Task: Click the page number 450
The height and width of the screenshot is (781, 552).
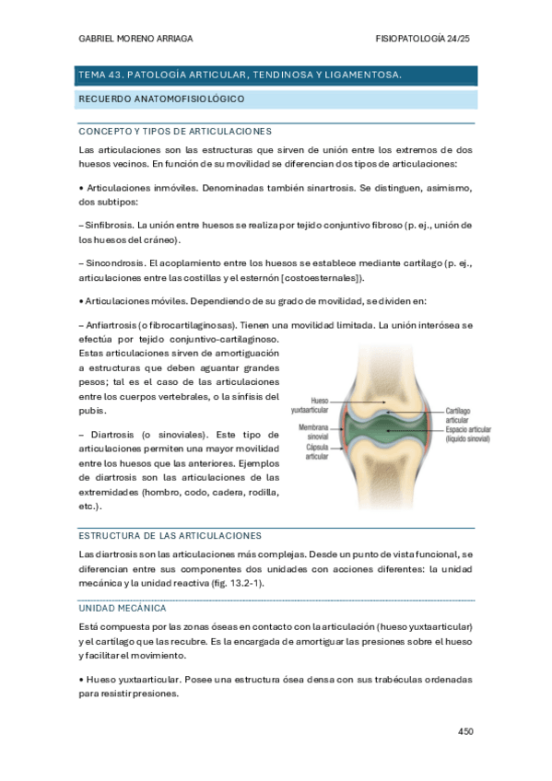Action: [464, 732]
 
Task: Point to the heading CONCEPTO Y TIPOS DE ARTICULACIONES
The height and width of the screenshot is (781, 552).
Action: [174, 131]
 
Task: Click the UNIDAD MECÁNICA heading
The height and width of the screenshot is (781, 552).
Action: [123, 608]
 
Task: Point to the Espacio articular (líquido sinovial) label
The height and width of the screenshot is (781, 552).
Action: [467, 435]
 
